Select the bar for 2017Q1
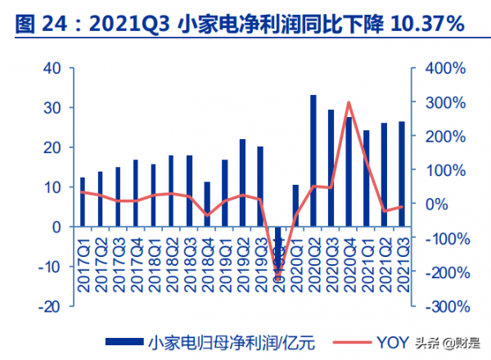[x=82, y=202]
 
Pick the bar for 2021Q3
[x=402, y=174]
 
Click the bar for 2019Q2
[x=242, y=183]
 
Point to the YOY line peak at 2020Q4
[x=349, y=103]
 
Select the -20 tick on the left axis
[x=49, y=306]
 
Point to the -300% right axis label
[x=443, y=306]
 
